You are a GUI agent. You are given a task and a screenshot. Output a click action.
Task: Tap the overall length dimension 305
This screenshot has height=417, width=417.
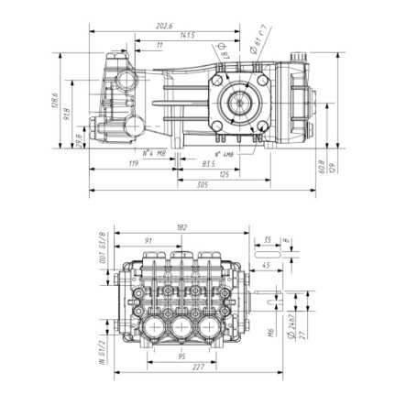coord(202,185)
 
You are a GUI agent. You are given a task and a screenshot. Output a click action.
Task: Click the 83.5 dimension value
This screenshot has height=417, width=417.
coord(209,163)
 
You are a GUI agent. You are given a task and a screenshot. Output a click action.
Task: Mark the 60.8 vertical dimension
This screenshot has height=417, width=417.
coord(322,169)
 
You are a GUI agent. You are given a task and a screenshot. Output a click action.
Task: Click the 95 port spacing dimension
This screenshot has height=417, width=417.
coord(182,356)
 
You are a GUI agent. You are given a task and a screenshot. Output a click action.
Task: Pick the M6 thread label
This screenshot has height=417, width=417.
coord(272,330)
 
